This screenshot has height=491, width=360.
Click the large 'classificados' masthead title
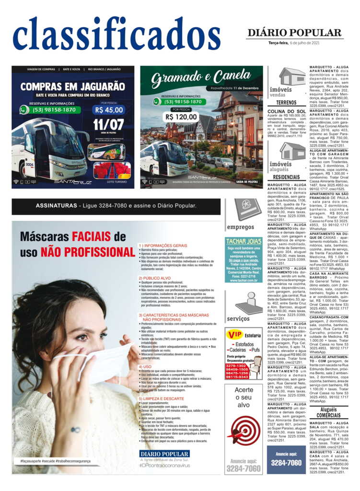[x=116, y=34]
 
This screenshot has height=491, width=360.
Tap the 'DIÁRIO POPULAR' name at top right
[x=294, y=33]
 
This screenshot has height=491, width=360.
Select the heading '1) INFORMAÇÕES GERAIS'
[x=163, y=245]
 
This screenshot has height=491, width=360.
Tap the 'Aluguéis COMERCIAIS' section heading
[x=328, y=412]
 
